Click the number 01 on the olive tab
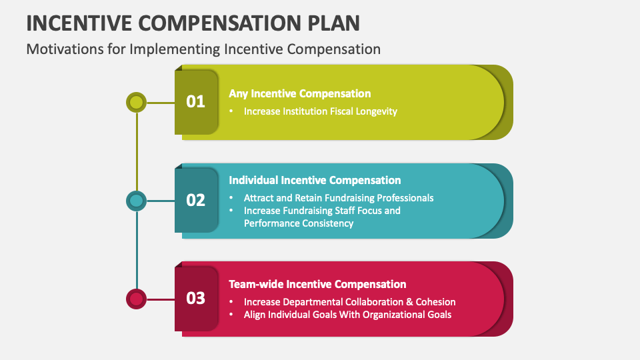[x=195, y=101]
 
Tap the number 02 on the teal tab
[x=195, y=201]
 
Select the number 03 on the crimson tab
[x=195, y=299]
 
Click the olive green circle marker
[x=136, y=103]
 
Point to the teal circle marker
[x=136, y=201]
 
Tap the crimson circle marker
[x=136, y=299]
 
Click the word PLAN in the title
[x=333, y=23]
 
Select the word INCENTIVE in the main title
[x=79, y=23]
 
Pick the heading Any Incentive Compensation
[x=299, y=93]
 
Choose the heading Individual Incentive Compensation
[x=315, y=180]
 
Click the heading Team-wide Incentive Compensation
[x=317, y=284]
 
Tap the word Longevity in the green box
[x=376, y=111]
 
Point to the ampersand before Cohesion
[x=410, y=302]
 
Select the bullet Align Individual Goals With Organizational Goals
[x=347, y=315]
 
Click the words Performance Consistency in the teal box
[x=299, y=223]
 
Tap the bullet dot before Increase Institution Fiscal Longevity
[x=231, y=111]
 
